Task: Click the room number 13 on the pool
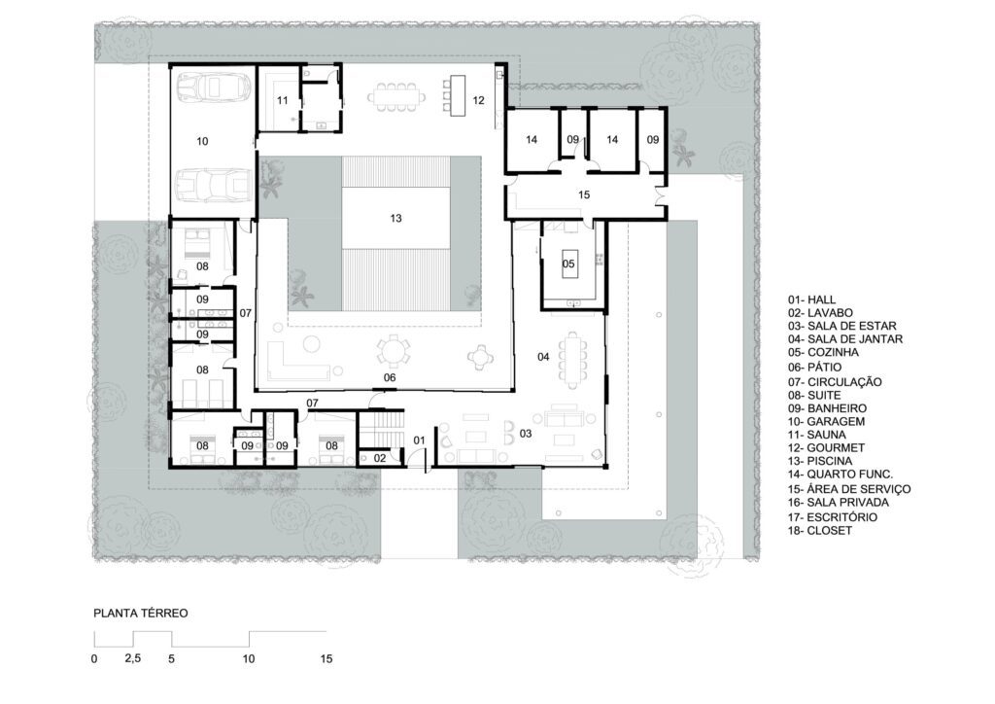(396, 219)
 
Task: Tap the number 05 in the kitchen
(568, 264)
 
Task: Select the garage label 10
(202, 141)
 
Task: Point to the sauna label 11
(283, 100)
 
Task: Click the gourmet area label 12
(478, 100)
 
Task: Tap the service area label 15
(584, 194)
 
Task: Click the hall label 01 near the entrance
(420, 440)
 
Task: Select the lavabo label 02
(380, 458)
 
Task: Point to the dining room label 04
(543, 357)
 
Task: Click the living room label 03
(526, 434)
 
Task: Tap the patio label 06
(390, 377)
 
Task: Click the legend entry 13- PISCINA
(820, 462)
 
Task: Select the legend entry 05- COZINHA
(823, 352)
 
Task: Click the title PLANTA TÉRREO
(141, 614)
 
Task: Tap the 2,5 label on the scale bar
(132, 658)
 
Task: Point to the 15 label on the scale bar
(326, 659)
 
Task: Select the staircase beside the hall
(382, 429)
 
